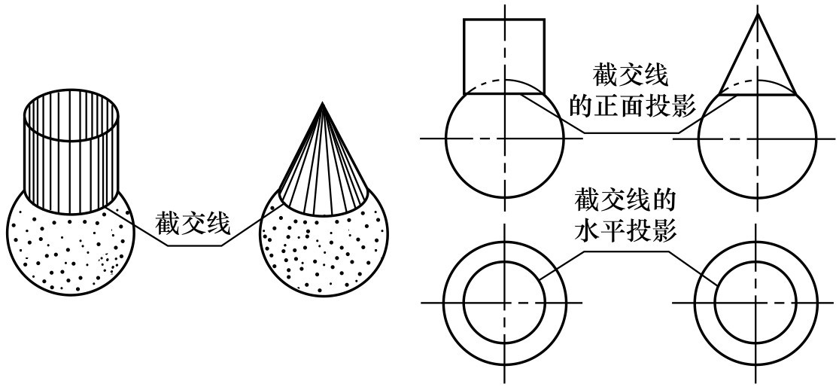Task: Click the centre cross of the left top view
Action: (x=504, y=302)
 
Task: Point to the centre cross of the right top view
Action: (x=757, y=302)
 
